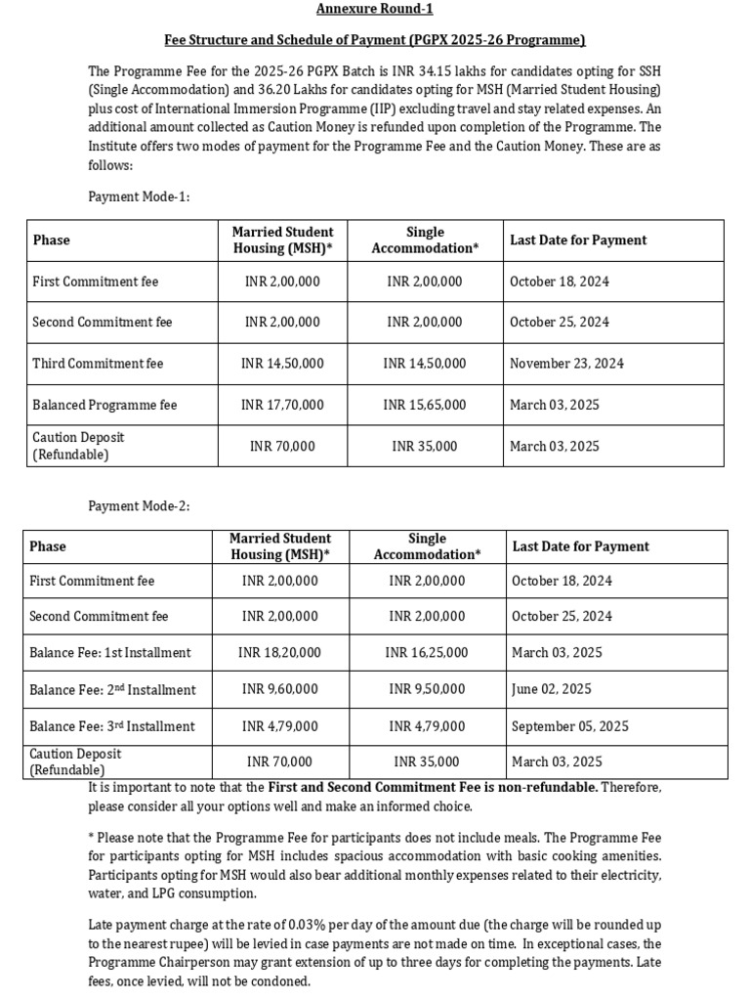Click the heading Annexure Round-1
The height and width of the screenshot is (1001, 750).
tap(374, 9)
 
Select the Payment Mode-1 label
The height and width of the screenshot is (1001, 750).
tap(139, 196)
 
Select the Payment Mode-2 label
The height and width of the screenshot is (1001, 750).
tap(139, 506)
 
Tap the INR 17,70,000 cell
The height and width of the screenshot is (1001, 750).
tap(282, 405)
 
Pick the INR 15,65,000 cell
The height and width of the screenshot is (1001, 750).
tap(425, 405)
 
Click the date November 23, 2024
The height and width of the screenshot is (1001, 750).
tap(566, 364)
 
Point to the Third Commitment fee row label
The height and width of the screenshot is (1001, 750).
tap(98, 364)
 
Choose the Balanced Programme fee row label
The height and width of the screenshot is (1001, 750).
tap(104, 405)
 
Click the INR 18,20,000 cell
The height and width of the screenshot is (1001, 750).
tap(279, 653)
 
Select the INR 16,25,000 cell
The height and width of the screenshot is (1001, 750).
tap(427, 653)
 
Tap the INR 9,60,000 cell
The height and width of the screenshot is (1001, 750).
tap(281, 690)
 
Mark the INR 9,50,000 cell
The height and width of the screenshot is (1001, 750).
tap(427, 690)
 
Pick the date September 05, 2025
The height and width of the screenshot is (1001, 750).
tap(570, 726)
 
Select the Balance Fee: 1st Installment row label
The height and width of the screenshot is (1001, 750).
tap(110, 653)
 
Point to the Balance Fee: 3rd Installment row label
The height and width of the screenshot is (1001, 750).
tap(112, 726)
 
